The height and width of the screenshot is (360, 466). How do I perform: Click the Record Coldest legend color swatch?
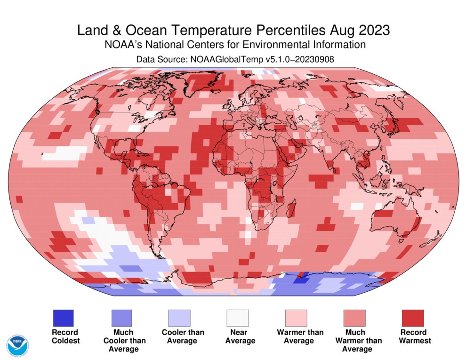[x=63, y=318]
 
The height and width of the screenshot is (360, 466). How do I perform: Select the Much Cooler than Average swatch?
[x=121, y=318]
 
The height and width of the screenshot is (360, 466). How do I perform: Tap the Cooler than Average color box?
[x=179, y=318]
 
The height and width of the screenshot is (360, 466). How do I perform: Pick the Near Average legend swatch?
[x=238, y=318]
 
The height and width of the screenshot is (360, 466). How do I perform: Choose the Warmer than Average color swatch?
[x=296, y=318]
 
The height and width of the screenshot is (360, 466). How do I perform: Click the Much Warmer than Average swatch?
[x=354, y=318]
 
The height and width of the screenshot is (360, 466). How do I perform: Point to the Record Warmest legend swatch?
[x=412, y=318]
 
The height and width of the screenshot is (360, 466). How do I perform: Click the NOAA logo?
[x=17, y=346]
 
